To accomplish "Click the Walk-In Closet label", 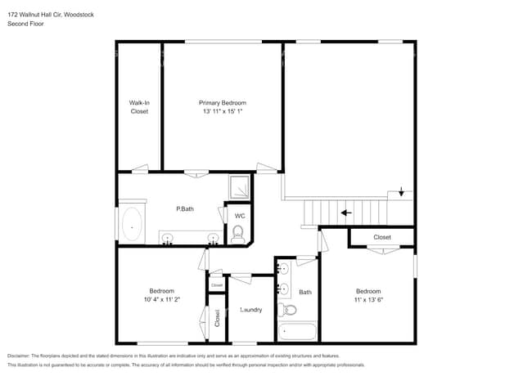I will coord(140,107).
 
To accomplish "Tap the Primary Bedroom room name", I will coord(223,103).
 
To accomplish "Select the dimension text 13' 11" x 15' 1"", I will coord(223,111).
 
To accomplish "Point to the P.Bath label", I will coord(185,209).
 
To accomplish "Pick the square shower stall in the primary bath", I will coord(239,188).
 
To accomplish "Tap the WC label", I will coord(240,216).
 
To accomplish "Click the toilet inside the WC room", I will coord(238,235).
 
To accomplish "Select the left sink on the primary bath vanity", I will coord(169,239).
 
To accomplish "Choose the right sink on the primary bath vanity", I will coord(213,239).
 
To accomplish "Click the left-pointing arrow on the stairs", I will coord(347,213).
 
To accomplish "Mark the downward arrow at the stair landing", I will coord(401,193).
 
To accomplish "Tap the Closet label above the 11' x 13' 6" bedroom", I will coord(382,237).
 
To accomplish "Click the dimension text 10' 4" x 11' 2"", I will coord(161,299).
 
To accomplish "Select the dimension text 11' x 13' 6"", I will coord(368,300).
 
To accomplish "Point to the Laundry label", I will coord(250,310).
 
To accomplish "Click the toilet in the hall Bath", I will coord(289,311).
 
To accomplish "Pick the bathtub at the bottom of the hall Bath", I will coord(297,333).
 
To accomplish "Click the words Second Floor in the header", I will coord(25,24).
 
